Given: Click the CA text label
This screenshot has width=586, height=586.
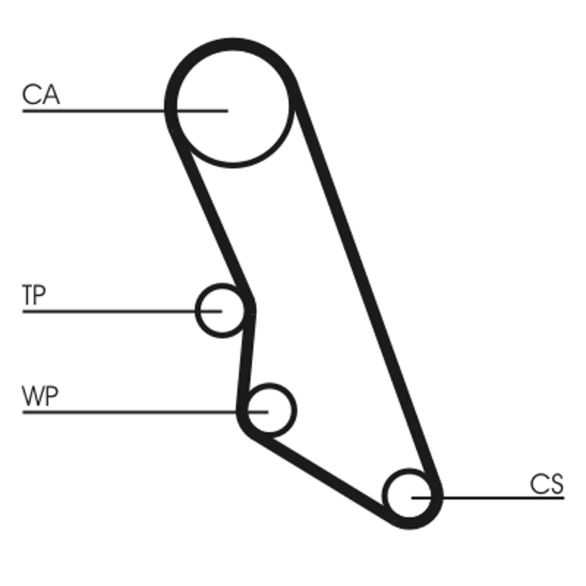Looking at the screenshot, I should click(x=41, y=94).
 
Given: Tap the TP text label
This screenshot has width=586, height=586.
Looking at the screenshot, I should click(x=34, y=295).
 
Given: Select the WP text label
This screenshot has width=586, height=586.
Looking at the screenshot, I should click(x=41, y=397).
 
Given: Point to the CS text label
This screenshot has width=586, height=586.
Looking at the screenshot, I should click(x=546, y=483).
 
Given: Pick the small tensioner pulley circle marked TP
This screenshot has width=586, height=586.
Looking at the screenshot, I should click(x=221, y=311).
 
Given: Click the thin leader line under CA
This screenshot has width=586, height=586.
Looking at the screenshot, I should click(x=95, y=111).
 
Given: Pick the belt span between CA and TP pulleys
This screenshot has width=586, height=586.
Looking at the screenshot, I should click(x=212, y=212).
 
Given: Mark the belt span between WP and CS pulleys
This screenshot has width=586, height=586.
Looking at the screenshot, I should click(x=322, y=476).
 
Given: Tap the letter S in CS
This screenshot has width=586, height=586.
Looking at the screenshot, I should click(x=556, y=483).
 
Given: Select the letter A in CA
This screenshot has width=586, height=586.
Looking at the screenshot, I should click(x=50, y=94).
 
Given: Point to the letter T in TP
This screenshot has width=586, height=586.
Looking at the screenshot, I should click(x=29, y=295).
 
